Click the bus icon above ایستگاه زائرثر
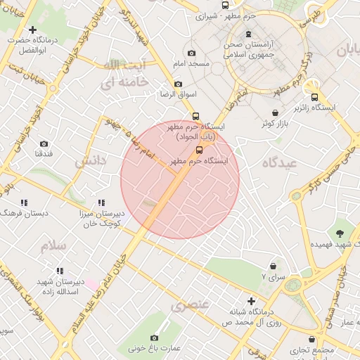tap(314, 97)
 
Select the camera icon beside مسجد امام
tap(191, 53)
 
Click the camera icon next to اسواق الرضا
tap(178, 84)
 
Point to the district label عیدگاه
tap(280, 162)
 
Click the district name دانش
tap(90, 160)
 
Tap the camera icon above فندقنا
tap(44, 143)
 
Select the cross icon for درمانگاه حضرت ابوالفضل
tap(33, 30)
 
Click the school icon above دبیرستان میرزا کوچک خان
tap(101, 202)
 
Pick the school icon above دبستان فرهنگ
tap(25, 202)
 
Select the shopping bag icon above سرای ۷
tap(273, 266)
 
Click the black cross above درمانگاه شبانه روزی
tap(251, 301)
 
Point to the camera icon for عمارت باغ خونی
tap(154, 337)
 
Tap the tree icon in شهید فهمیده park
tap(341, 232)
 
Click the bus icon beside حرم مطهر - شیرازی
tap(225, 5)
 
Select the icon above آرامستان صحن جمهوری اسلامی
tap(247, 34)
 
